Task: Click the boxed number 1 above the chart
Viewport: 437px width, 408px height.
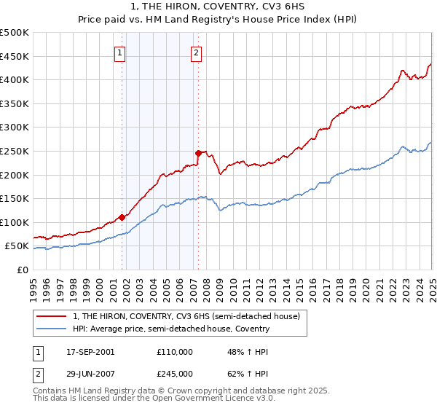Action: pyautogui.click(x=119, y=52)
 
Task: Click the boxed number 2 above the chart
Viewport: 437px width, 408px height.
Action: pyautogui.click(x=197, y=52)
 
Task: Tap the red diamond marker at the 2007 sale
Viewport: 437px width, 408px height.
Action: pyautogui.click(x=198, y=152)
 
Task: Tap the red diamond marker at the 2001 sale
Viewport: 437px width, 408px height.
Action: pyautogui.click(x=122, y=217)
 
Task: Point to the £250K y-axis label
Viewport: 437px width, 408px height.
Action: pyautogui.click(x=15, y=151)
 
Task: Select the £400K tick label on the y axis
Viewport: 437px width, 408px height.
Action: pyautogui.click(x=15, y=79)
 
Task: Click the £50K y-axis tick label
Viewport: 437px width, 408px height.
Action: pyautogui.click(x=17, y=246)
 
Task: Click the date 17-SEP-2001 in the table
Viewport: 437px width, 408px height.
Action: pyautogui.click(x=89, y=352)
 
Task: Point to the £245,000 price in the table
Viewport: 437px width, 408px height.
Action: pyautogui.click(x=175, y=373)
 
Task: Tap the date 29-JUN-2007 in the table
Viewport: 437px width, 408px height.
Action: pyautogui.click(x=89, y=373)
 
